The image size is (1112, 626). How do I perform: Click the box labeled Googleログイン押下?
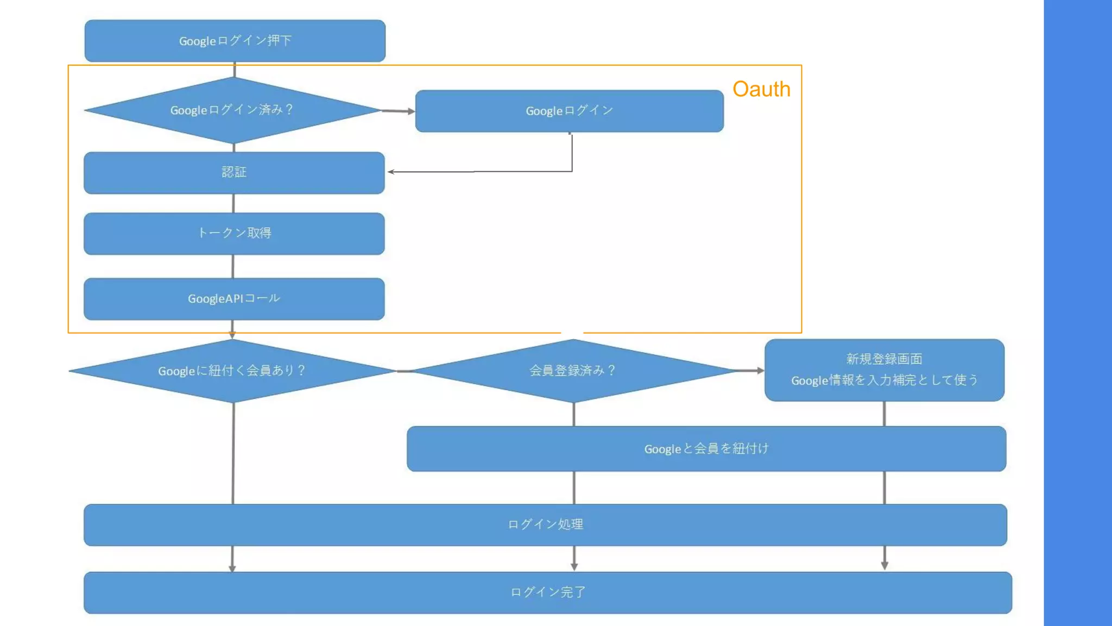235,41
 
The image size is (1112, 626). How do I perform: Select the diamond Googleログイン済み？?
232,110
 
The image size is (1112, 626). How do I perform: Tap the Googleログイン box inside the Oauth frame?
569,111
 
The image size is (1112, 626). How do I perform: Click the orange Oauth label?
761,89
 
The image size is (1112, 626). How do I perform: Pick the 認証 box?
234,173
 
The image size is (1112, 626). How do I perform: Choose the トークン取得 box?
234,234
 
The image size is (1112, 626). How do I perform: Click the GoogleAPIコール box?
234,299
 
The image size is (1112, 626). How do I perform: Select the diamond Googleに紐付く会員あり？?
232,371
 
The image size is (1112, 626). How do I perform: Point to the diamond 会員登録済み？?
573,371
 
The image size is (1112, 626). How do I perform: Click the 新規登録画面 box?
884,359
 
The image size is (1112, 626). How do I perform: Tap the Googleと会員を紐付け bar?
706,449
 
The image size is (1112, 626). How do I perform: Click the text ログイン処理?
545,525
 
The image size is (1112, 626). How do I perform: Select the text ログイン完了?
547,592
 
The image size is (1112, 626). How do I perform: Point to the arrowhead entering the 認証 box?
391,172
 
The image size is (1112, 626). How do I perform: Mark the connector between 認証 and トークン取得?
233,203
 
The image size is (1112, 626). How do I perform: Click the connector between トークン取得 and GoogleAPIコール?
233,266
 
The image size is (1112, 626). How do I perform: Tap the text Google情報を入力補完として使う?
884,380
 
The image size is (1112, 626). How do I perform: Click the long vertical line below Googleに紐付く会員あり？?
233,454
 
